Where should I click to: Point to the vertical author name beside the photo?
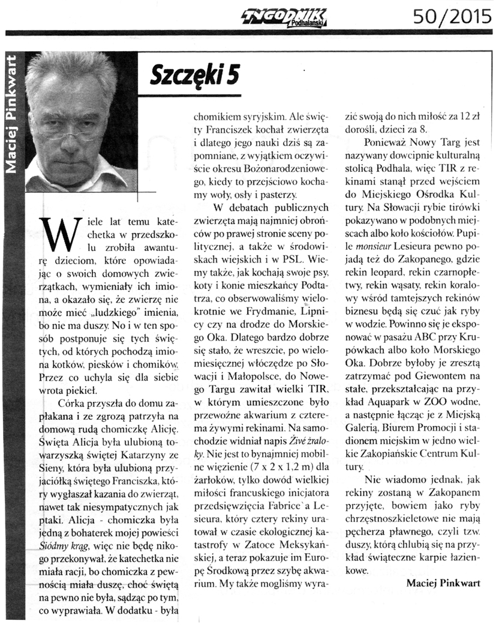point(13,114)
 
